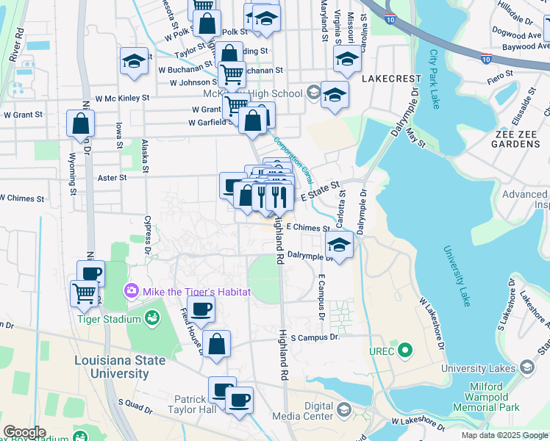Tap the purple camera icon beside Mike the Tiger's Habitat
click(x=132, y=292)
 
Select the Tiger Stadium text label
click(x=111, y=319)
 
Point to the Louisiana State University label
click(x=110, y=367)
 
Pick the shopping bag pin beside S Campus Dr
click(x=217, y=344)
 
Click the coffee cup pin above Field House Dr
click(x=201, y=309)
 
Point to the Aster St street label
click(x=113, y=177)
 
